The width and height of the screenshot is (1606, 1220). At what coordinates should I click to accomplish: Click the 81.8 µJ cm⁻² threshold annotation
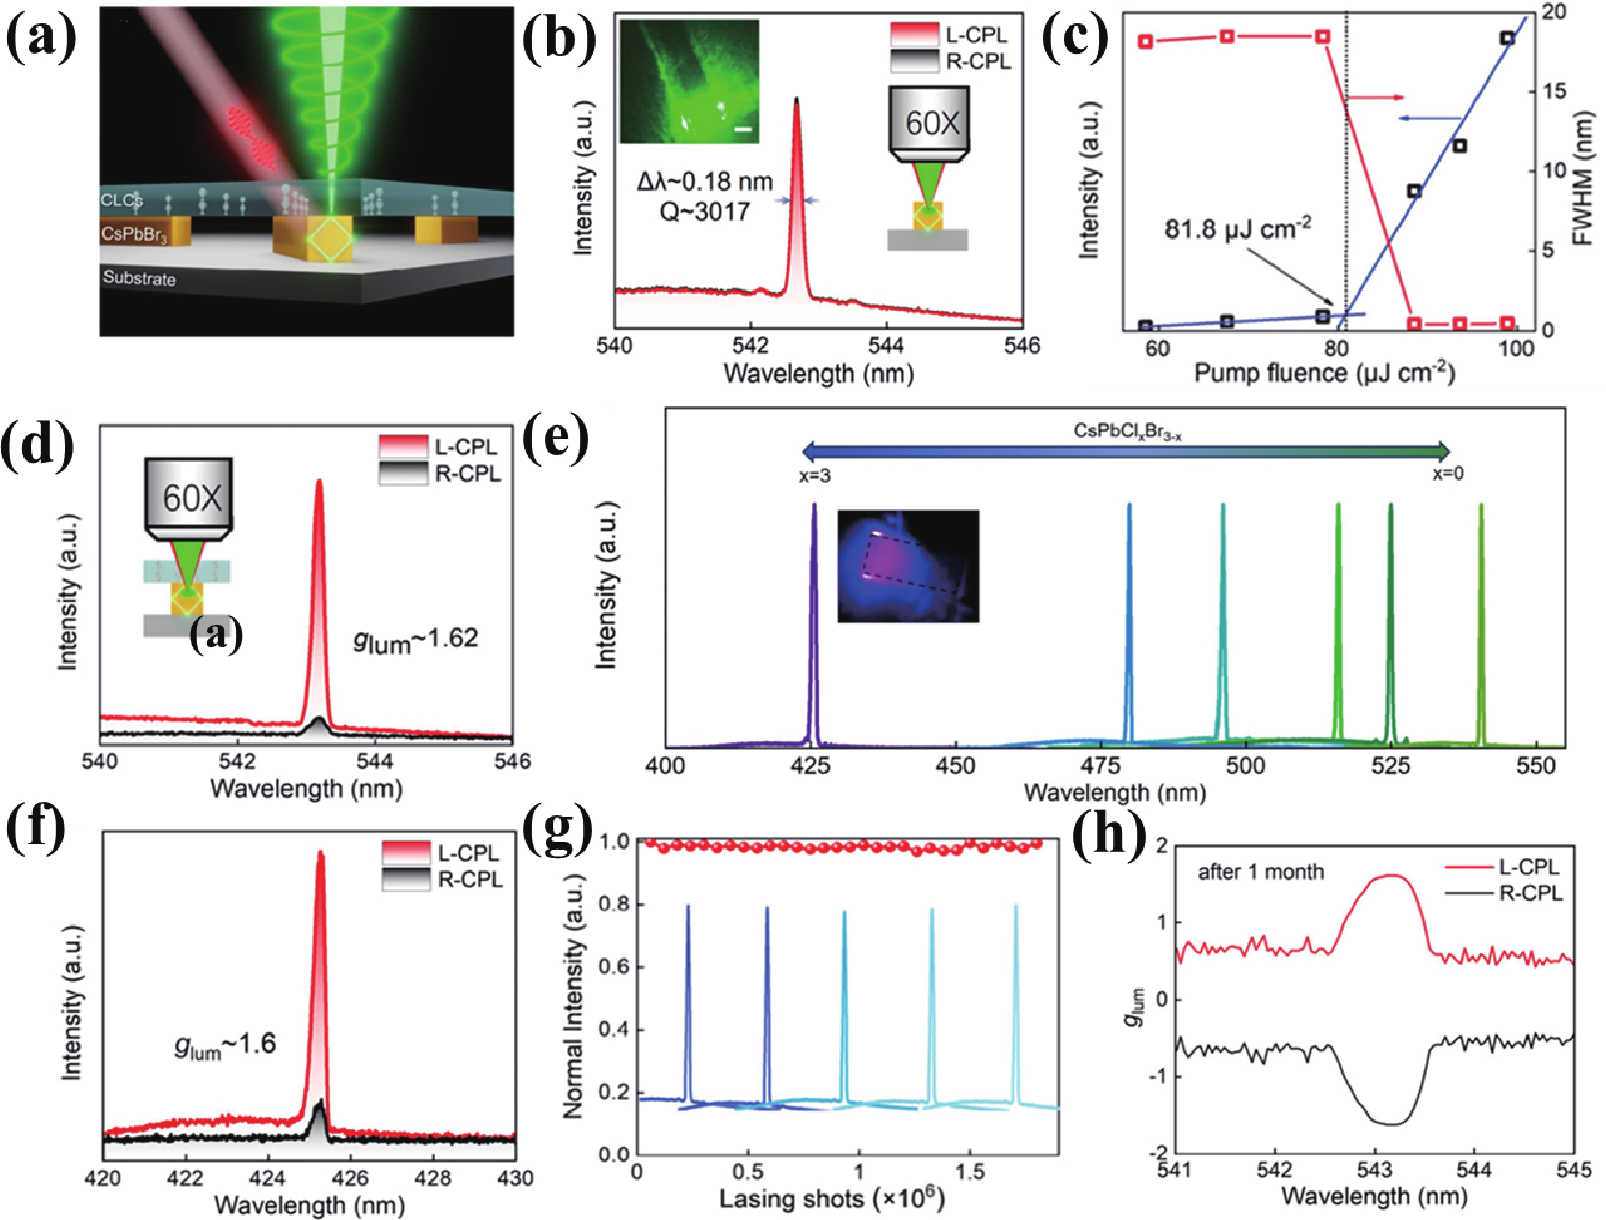tap(1238, 230)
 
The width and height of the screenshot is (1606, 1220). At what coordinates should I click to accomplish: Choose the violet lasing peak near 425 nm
tap(814, 625)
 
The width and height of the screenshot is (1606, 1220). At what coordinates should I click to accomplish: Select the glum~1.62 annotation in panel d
tap(416, 640)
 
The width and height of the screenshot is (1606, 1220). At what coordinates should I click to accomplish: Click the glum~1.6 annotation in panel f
tap(225, 1046)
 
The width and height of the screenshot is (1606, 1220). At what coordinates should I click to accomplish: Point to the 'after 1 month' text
tap(1260, 871)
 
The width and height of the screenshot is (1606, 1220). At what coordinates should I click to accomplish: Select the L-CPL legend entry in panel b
tap(975, 35)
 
